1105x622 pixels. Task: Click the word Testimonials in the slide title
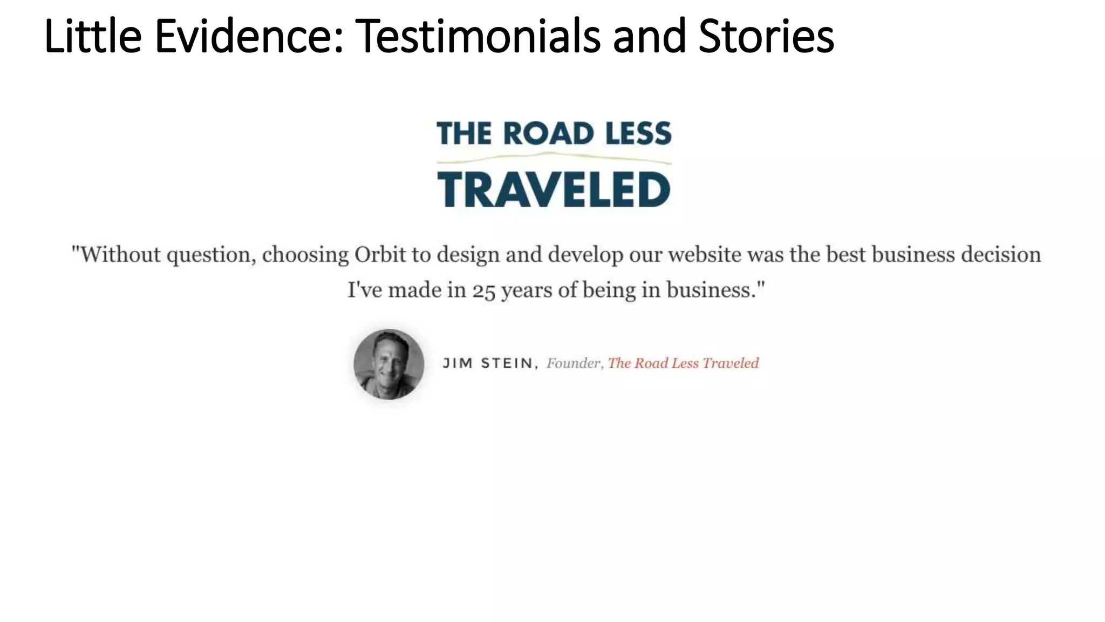(478, 37)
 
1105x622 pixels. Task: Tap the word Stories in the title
(766, 37)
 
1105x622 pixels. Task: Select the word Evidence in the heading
(249, 37)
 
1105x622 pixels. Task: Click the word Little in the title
(93, 37)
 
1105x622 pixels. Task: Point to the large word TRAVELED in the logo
(554, 190)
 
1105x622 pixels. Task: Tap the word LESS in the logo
(638, 133)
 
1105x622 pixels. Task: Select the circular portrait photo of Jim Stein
(388, 364)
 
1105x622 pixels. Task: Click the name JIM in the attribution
(458, 363)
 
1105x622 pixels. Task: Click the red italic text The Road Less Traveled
(683, 363)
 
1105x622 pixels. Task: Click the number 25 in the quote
(483, 291)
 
